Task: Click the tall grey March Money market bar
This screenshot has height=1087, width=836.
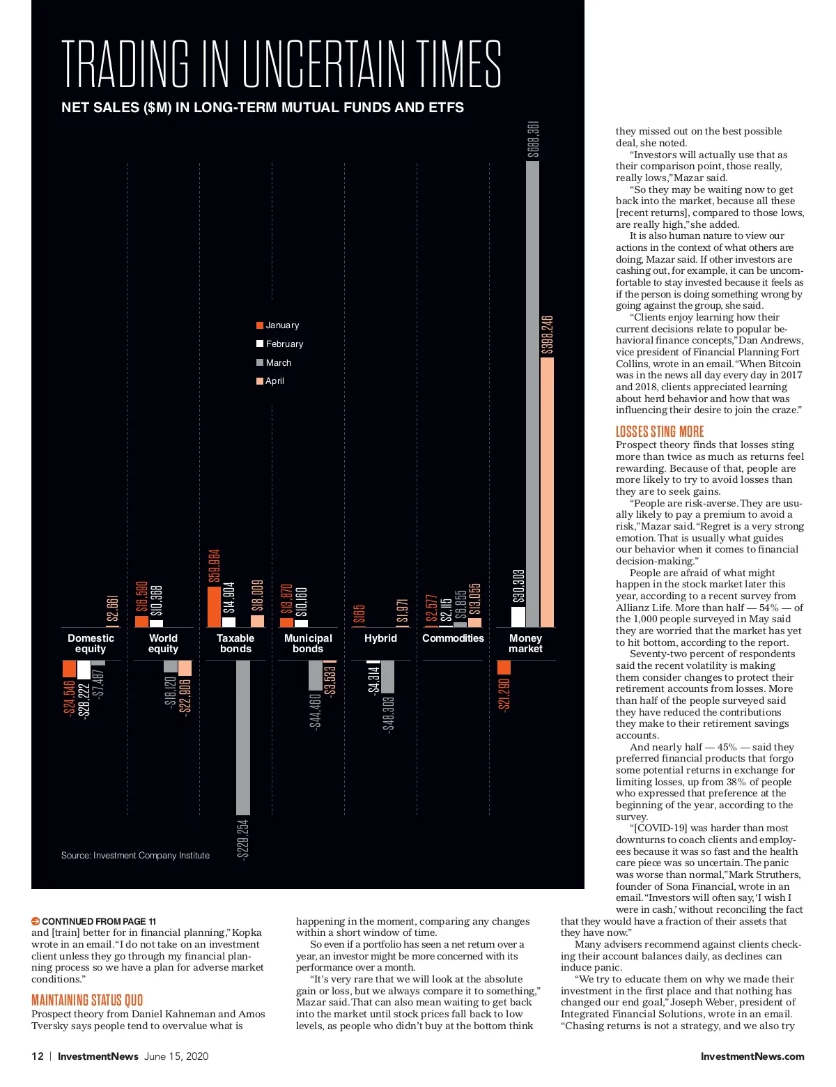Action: (532, 394)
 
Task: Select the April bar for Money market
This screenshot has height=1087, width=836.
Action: (547, 491)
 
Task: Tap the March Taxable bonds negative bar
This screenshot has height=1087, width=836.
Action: (243, 737)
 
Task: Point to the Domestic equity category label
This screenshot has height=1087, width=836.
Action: (91, 643)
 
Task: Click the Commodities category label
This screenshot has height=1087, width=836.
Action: (453, 638)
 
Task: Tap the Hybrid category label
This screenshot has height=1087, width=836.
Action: (380, 638)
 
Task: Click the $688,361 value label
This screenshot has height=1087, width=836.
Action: (533, 140)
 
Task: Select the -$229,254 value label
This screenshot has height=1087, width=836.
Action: (243, 840)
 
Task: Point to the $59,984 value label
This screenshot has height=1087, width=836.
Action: (214, 566)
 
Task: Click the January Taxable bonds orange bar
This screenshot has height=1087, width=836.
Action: (214, 607)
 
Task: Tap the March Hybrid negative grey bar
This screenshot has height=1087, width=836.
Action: (388, 677)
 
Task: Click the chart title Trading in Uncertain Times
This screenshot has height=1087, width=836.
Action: (281, 64)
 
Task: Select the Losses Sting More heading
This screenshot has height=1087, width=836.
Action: (660, 431)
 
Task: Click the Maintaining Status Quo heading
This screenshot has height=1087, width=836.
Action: (87, 1001)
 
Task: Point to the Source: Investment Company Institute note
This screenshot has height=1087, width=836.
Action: (135, 856)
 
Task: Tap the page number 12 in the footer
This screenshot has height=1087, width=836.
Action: (38, 1056)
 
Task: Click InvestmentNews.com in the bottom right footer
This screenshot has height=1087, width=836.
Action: (752, 1056)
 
